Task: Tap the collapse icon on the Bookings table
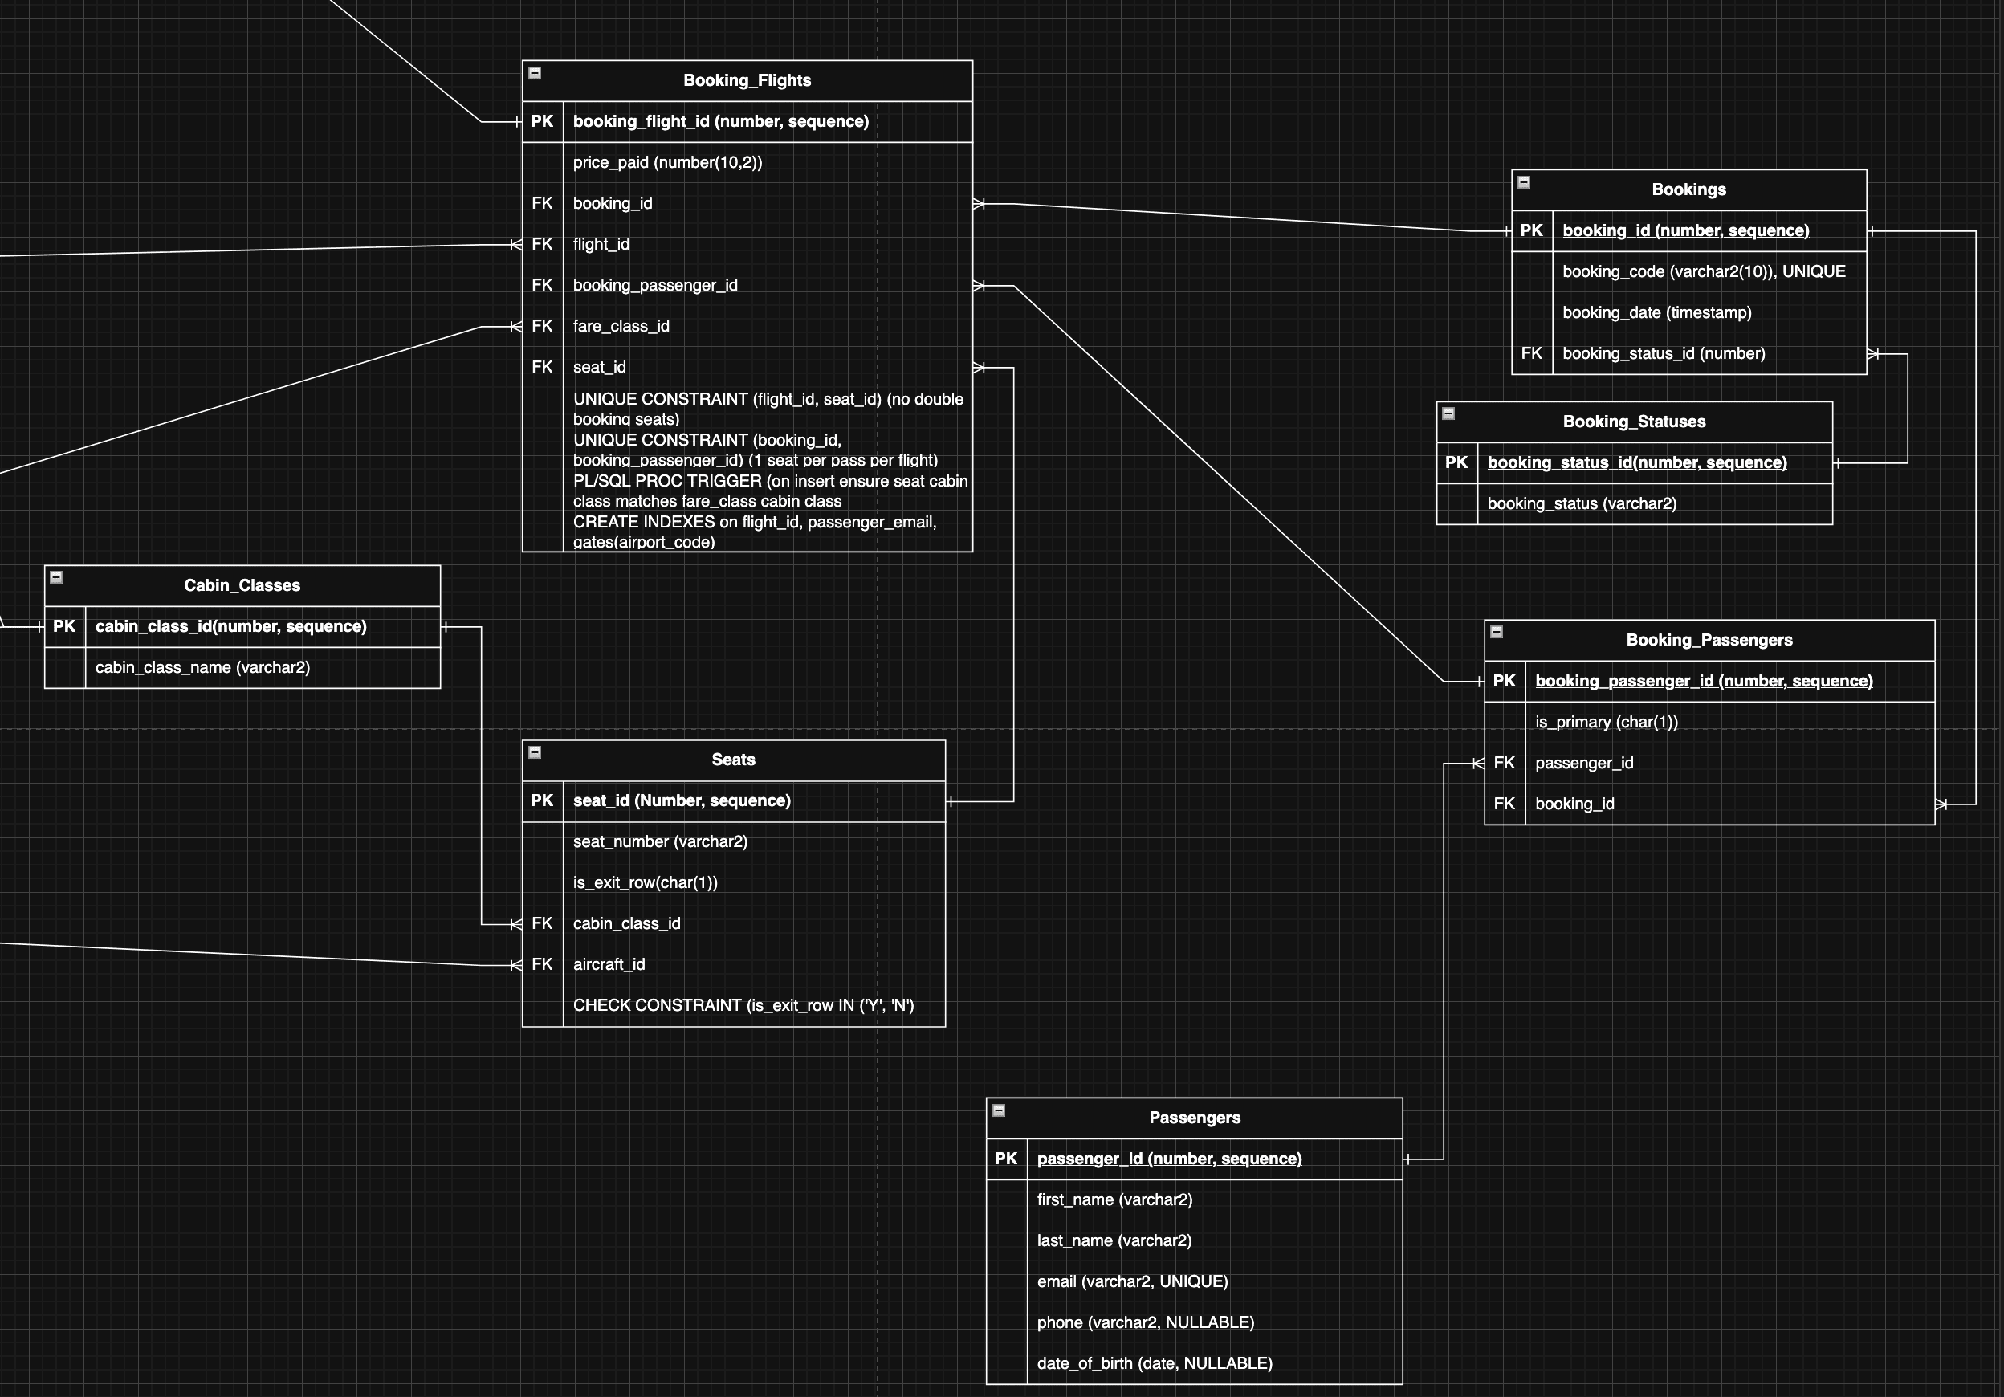tap(1524, 182)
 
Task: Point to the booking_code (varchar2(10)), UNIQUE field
tap(1703, 271)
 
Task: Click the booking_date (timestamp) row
tap(1656, 312)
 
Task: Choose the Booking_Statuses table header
tap(1633, 422)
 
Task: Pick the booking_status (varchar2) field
tap(1581, 503)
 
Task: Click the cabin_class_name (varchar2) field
tap(202, 667)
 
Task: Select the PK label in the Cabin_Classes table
tap(64, 626)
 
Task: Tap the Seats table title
tap(733, 760)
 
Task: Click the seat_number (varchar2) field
tap(660, 842)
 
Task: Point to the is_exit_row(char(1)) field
tap(645, 883)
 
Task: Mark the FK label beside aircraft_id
tap(542, 964)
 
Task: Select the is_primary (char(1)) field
tap(1606, 723)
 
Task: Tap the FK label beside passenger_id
tap(1504, 764)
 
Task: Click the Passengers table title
tap(1194, 1118)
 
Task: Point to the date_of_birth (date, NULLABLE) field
tap(1154, 1364)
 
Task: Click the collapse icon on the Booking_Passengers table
tap(1496, 632)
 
